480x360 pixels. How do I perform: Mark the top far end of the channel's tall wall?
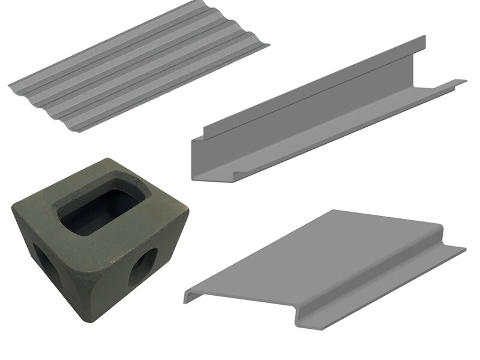coord(424,37)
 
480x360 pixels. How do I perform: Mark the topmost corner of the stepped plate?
coord(334,211)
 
